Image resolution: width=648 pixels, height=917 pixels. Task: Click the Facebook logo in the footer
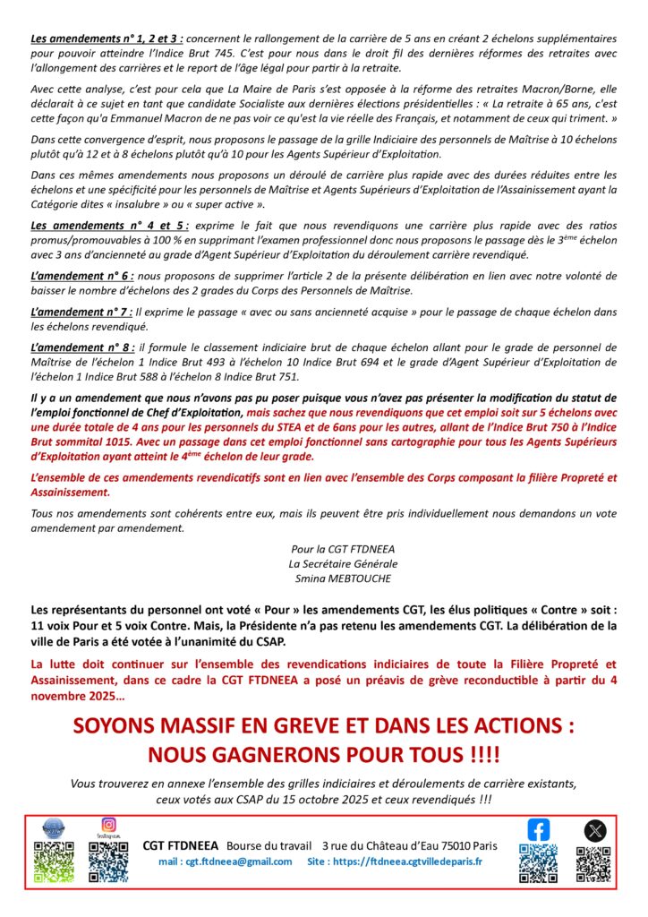538,830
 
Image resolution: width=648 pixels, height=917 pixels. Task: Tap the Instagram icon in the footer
108,824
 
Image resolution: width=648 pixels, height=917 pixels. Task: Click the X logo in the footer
594,830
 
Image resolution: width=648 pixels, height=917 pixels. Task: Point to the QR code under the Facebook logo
538,863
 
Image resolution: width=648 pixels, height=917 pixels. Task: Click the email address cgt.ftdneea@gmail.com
225,861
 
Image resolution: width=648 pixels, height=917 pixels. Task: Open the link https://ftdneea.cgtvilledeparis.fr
406,861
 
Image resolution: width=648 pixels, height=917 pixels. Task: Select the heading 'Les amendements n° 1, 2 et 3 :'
108,39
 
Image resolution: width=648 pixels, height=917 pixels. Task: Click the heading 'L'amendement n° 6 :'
81,276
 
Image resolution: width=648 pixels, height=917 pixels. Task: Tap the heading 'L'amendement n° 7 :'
81,311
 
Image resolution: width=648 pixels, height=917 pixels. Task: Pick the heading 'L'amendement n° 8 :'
81,346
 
